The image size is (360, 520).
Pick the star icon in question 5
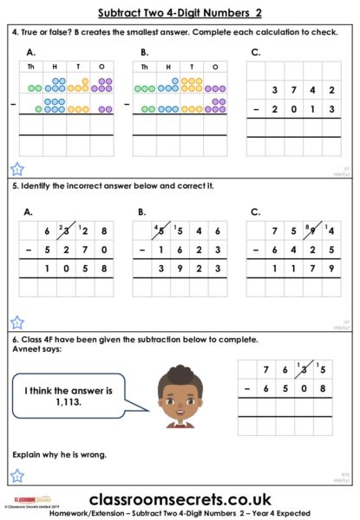(x=17, y=322)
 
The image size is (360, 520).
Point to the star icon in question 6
(x=17, y=475)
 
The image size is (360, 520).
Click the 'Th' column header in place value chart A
(x=31, y=67)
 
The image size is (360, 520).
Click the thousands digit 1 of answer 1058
(x=48, y=269)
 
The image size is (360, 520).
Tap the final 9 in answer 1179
(x=332, y=269)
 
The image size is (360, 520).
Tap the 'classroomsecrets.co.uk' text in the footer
(x=180, y=499)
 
